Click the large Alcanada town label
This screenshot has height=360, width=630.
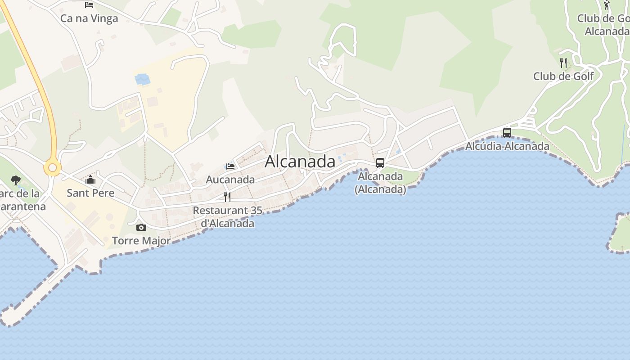pyautogui.click(x=300, y=162)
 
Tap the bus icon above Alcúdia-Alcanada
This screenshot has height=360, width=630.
pyautogui.click(x=507, y=133)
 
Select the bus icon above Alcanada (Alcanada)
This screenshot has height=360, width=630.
pyautogui.click(x=380, y=163)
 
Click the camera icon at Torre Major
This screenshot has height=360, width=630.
pyautogui.click(x=141, y=228)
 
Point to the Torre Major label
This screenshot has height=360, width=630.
pyautogui.click(x=141, y=241)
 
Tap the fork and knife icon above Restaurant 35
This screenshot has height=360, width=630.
pyautogui.click(x=227, y=197)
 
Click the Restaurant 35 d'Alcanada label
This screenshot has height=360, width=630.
pyautogui.click(x=227, y=217)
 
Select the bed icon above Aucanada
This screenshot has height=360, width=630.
pyautogui.click(x=230, y=166)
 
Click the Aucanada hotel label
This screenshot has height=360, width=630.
pyautogui.click(x=230, y=180)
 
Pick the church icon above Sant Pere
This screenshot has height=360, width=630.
pyautogui.click(x=90, y=180)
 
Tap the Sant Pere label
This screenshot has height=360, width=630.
pyautogui.click(x=90, y=193)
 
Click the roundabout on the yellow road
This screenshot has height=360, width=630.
pyautogui.click(x=52, y=168)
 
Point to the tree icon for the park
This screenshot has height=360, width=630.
pyautogui.click(x=16, y=180)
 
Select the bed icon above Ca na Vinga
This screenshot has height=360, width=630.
pyautogui.click(x=89, y=5)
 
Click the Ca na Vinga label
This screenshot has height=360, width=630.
pyautogui.click(x=89, y=18)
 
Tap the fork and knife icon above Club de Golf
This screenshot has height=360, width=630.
pyautogui.click(x=563, y=63)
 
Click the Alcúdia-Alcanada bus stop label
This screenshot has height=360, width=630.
pyautogui.click(x=507, y=146)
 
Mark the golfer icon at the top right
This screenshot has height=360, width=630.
pyautogui.click(x=607, y=5)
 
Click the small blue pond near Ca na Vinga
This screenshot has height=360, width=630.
pyautogui.click(x=142, y=79)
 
